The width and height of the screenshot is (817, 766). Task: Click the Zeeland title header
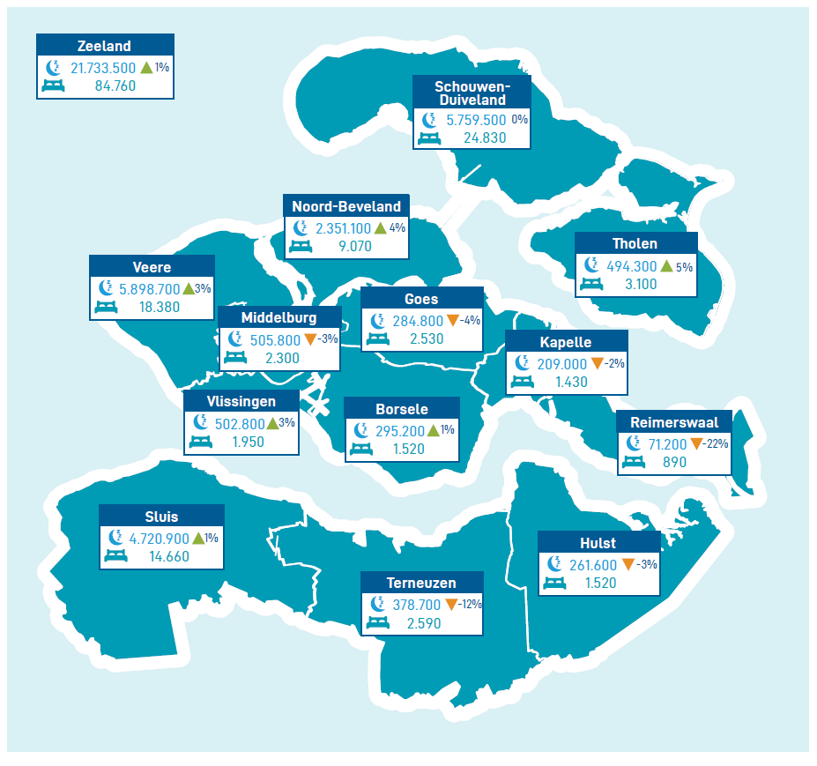pos(105,47)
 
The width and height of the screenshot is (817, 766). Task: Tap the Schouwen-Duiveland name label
pos(472,93)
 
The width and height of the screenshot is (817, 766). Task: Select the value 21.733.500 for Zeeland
pos(102,68)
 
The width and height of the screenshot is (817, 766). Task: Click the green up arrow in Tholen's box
pos(666,266)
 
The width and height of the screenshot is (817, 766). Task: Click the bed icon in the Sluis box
pos(116,556)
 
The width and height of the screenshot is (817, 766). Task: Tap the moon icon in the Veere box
pos(106,288)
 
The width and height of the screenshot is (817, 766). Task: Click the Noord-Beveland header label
pos(345,206)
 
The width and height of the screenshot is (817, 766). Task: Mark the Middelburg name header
pos(279,317)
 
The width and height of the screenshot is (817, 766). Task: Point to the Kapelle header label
pos(566,342)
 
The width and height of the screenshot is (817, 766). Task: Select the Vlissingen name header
pos(241,401)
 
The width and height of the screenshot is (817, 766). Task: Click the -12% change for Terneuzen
pos(469,605)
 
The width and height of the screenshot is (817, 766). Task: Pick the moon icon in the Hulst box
pos(554,563)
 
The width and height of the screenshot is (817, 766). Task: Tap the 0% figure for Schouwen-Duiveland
pos(520,120)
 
